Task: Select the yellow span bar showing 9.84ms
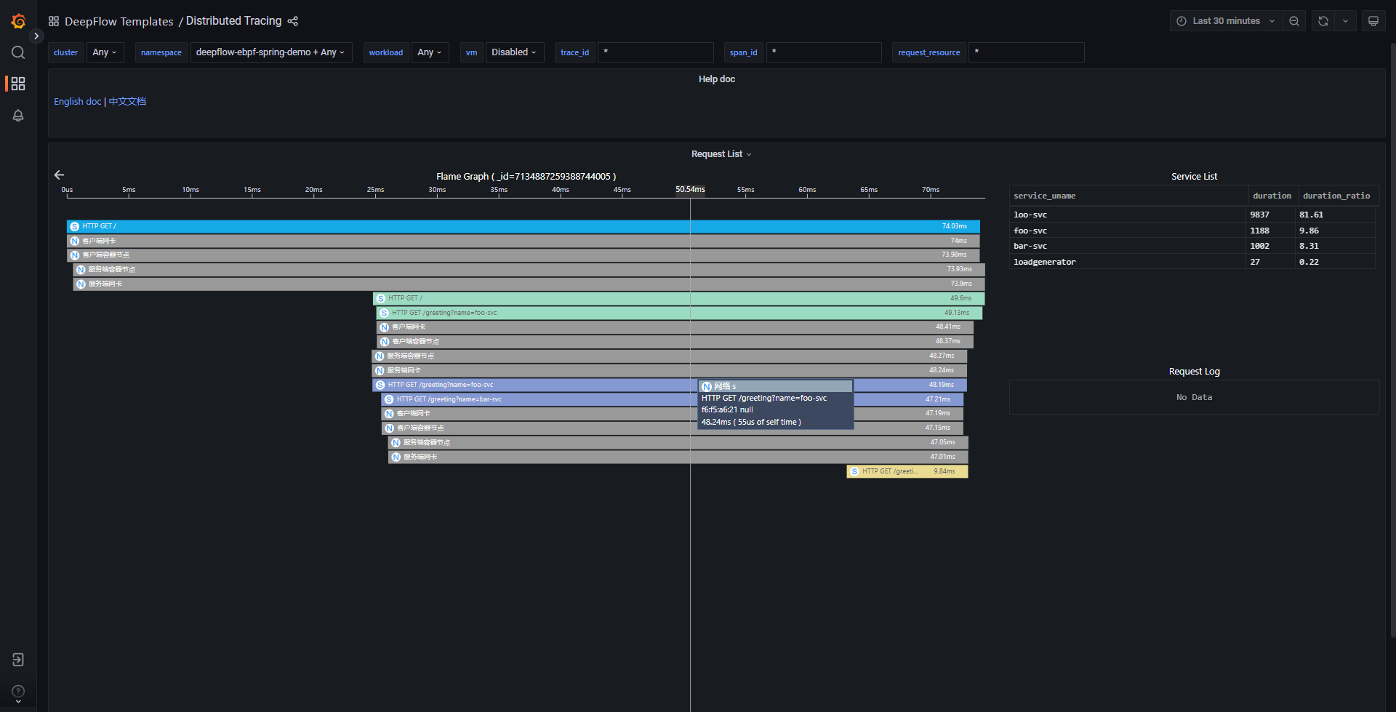[x=907, y=471]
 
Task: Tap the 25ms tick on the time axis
[x=375, y=191]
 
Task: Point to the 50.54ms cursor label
[x=690, y=189]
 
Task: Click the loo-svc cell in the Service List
[x=1030, y=215]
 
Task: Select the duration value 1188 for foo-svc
[x=1259, y=231]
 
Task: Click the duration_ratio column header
[x=1336, y=196]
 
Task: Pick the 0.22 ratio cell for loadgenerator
[x=1309, y=262]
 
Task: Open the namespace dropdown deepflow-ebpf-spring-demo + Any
[x=270, y=52]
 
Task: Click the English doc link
[x=77, y=102]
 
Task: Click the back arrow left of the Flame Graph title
[x=60, y=175]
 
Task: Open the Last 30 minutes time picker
[x=1226, y=21]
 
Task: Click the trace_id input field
[x=655, y=52]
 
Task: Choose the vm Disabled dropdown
[x=514, y=52]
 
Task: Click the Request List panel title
[x=717, y=154]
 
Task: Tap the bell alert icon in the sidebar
[x=18, y=116]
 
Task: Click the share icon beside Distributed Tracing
[x=293, y=21]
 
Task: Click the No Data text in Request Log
[x=1194, y=397]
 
